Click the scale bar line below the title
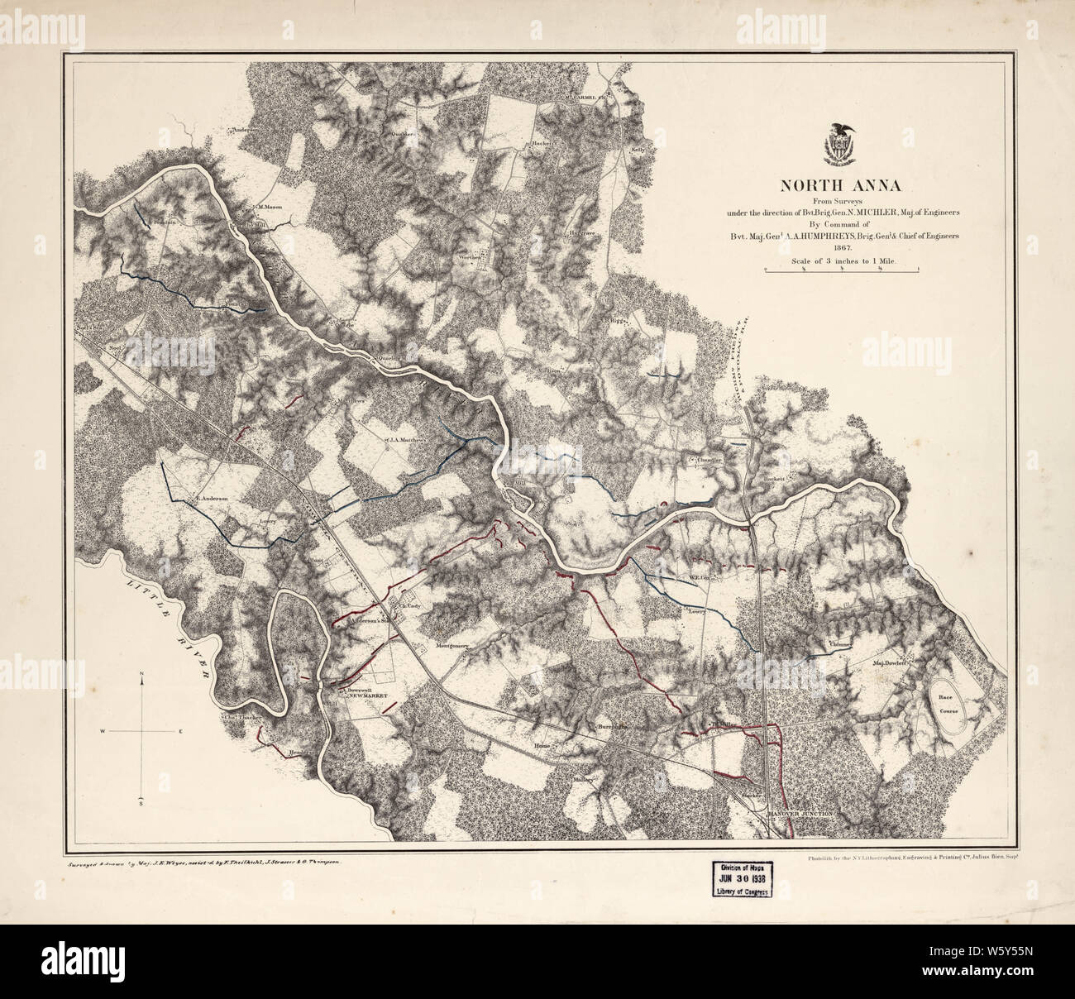(x=843, y=270)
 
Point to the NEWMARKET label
(x=368, y=696)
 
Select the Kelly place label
(x=638, y=150)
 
